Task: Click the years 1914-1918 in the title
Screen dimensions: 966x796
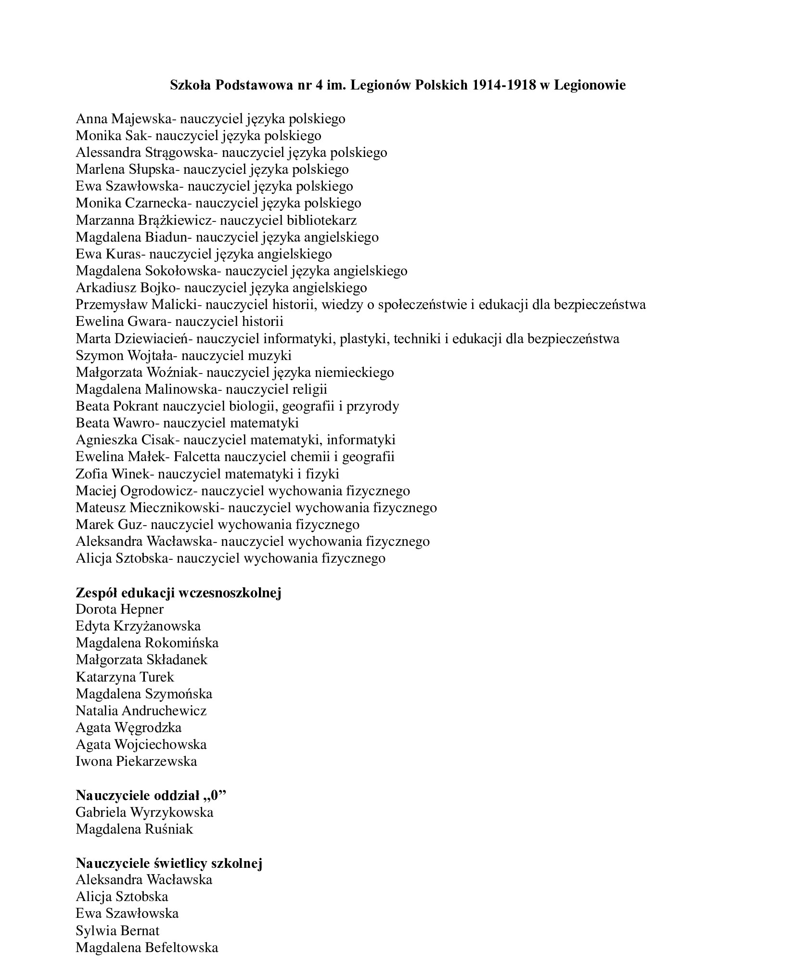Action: [504, 85]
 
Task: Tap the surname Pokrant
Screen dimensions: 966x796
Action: [135, 406]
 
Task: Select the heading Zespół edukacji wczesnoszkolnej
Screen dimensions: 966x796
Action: [178, 592]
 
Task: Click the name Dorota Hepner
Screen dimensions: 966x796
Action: [119, 609]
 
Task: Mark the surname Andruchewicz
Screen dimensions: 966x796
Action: [164, 711]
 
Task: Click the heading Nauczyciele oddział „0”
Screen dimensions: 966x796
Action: [151, 796]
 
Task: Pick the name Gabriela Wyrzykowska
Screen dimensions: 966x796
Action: [144, 812]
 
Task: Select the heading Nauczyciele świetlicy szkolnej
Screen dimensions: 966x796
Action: [169, 863]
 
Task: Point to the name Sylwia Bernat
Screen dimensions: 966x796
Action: [117, 931]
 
